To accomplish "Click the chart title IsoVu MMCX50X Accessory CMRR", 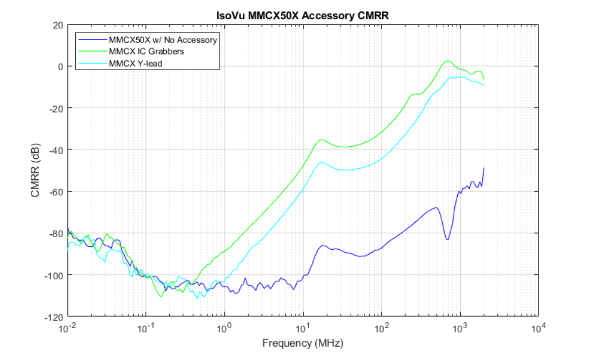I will click(x=302, y=16).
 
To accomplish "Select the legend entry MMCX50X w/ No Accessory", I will click(x=163, y=40).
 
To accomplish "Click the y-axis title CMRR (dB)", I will click(x=35, y=171).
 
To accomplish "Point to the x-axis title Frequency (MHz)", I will click(x=302, y=343).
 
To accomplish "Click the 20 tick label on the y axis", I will click(x=57, y=25).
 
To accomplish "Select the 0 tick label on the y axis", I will click(x=60, y=67).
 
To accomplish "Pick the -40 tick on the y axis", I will click(x=56, y=150).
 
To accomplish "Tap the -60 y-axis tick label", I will click(x=56, y=191).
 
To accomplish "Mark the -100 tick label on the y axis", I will click(x=54, y=275).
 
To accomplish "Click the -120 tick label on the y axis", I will click(x=54, y=317).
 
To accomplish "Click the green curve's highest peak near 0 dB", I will click(x=447, y=61).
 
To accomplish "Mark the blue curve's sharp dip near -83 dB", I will click(x=447, y=239).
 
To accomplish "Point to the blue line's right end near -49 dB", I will click(x=483, y=168).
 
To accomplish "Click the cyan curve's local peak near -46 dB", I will click(x=323, y=162).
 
